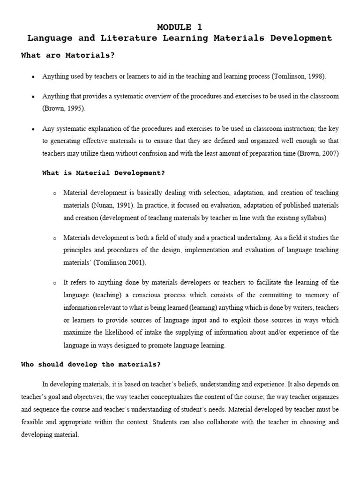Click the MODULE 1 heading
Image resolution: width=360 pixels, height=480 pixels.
(180, 27)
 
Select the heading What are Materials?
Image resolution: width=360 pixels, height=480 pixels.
(68, 55)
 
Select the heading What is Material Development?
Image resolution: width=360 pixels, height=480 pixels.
(104, 173)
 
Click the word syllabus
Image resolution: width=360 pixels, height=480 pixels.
(313, 218)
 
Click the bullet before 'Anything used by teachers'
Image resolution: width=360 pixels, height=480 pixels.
(33, 76)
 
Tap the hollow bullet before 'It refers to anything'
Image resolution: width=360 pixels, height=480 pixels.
(55, 283)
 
